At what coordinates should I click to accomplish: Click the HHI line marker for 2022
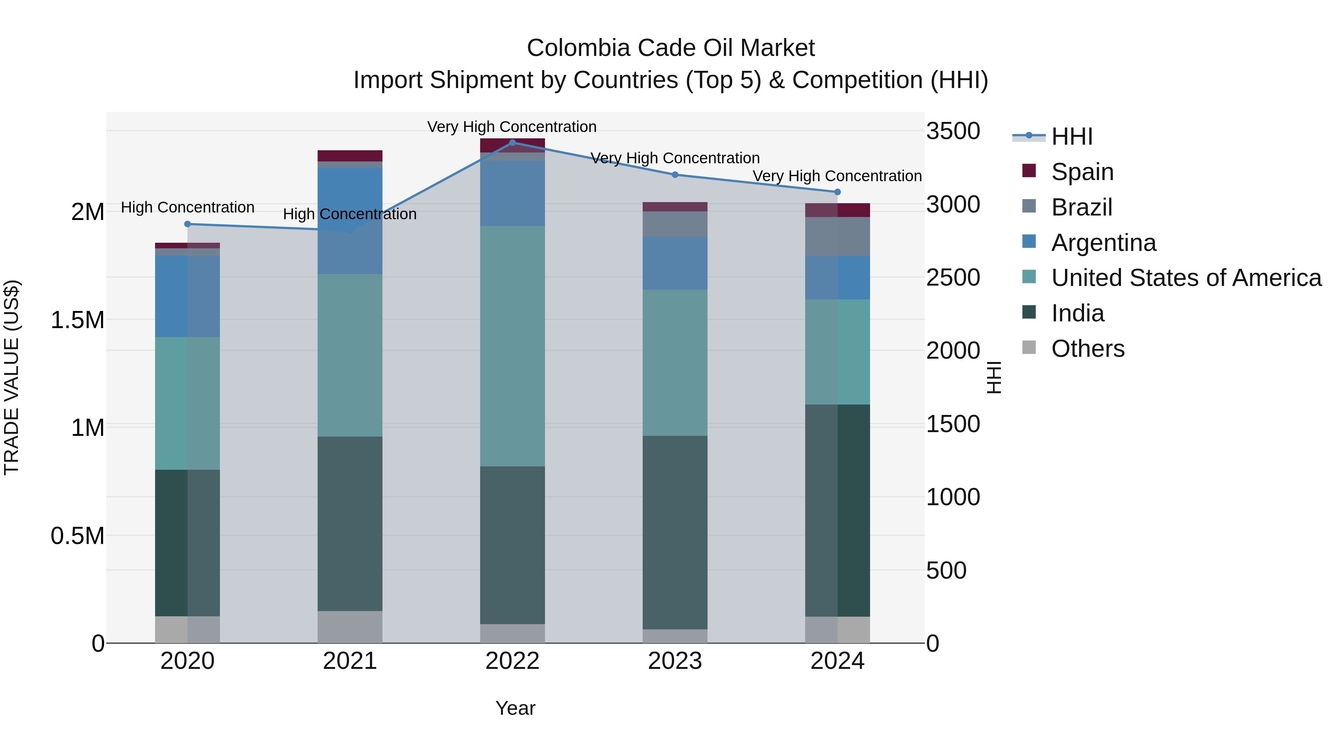pyautogui.click(x=512, y=143)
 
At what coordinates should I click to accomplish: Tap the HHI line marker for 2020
pyautogui.click(x=188, y=224)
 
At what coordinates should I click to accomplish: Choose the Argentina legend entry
pyautogui.click(x=1103, y=243)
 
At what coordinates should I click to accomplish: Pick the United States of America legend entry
pyautogui.click(x=1186, y=278)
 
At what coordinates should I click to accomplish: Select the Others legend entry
pyautogui.click(x=1087, y=349)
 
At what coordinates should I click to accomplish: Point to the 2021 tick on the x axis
pyautogui.click(x=350, y=661)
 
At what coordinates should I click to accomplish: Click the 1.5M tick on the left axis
pyautogui.click(x=77, y=320)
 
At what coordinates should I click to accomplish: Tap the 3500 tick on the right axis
pyautogui.click(x=953, y=131)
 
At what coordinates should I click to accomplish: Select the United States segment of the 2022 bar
pyautogui.click(x=512, y=346)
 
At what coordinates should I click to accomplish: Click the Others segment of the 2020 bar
pyautogui.click(x=188, y=629)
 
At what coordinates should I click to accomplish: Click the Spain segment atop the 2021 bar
pyautogui.click(x=350, y=156)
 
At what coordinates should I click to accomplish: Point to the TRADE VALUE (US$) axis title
pyautogui.click(x=12, y=377)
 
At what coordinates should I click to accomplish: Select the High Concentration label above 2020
pyautogui.click(x=188, y=207)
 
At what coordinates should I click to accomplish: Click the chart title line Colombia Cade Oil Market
pyautogui.click(x=671, y=48)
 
